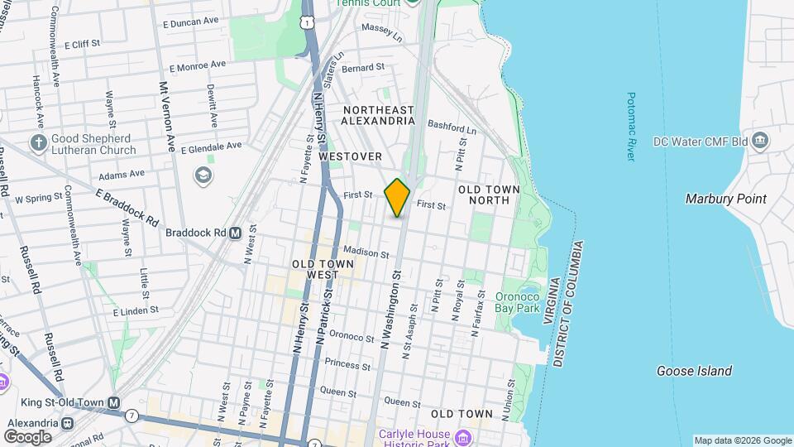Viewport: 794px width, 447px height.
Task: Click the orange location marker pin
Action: (x=397, y=198)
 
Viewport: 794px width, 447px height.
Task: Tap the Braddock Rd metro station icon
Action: (x=235, y=233)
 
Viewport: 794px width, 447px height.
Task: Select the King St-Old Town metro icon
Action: (x=114, y=403)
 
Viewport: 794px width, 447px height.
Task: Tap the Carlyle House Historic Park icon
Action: (x=462, y=436)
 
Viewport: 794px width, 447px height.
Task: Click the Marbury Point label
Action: (x=725, y=199)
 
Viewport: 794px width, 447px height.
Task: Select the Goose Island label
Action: (x=694, y=371)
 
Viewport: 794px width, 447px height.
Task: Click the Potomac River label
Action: (x=631, y=126)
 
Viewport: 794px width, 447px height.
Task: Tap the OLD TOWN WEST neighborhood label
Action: (x=323, y=269)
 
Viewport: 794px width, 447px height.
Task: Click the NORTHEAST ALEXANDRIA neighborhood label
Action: (x=378, y=115)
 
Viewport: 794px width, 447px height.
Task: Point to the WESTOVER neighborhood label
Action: (x=350, y=156)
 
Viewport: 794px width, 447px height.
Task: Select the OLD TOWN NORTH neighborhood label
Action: (x=495, y=195)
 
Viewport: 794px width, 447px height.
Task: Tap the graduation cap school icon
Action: (x=203, y=175)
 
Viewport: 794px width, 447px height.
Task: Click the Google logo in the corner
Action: (x=26, y=436)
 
